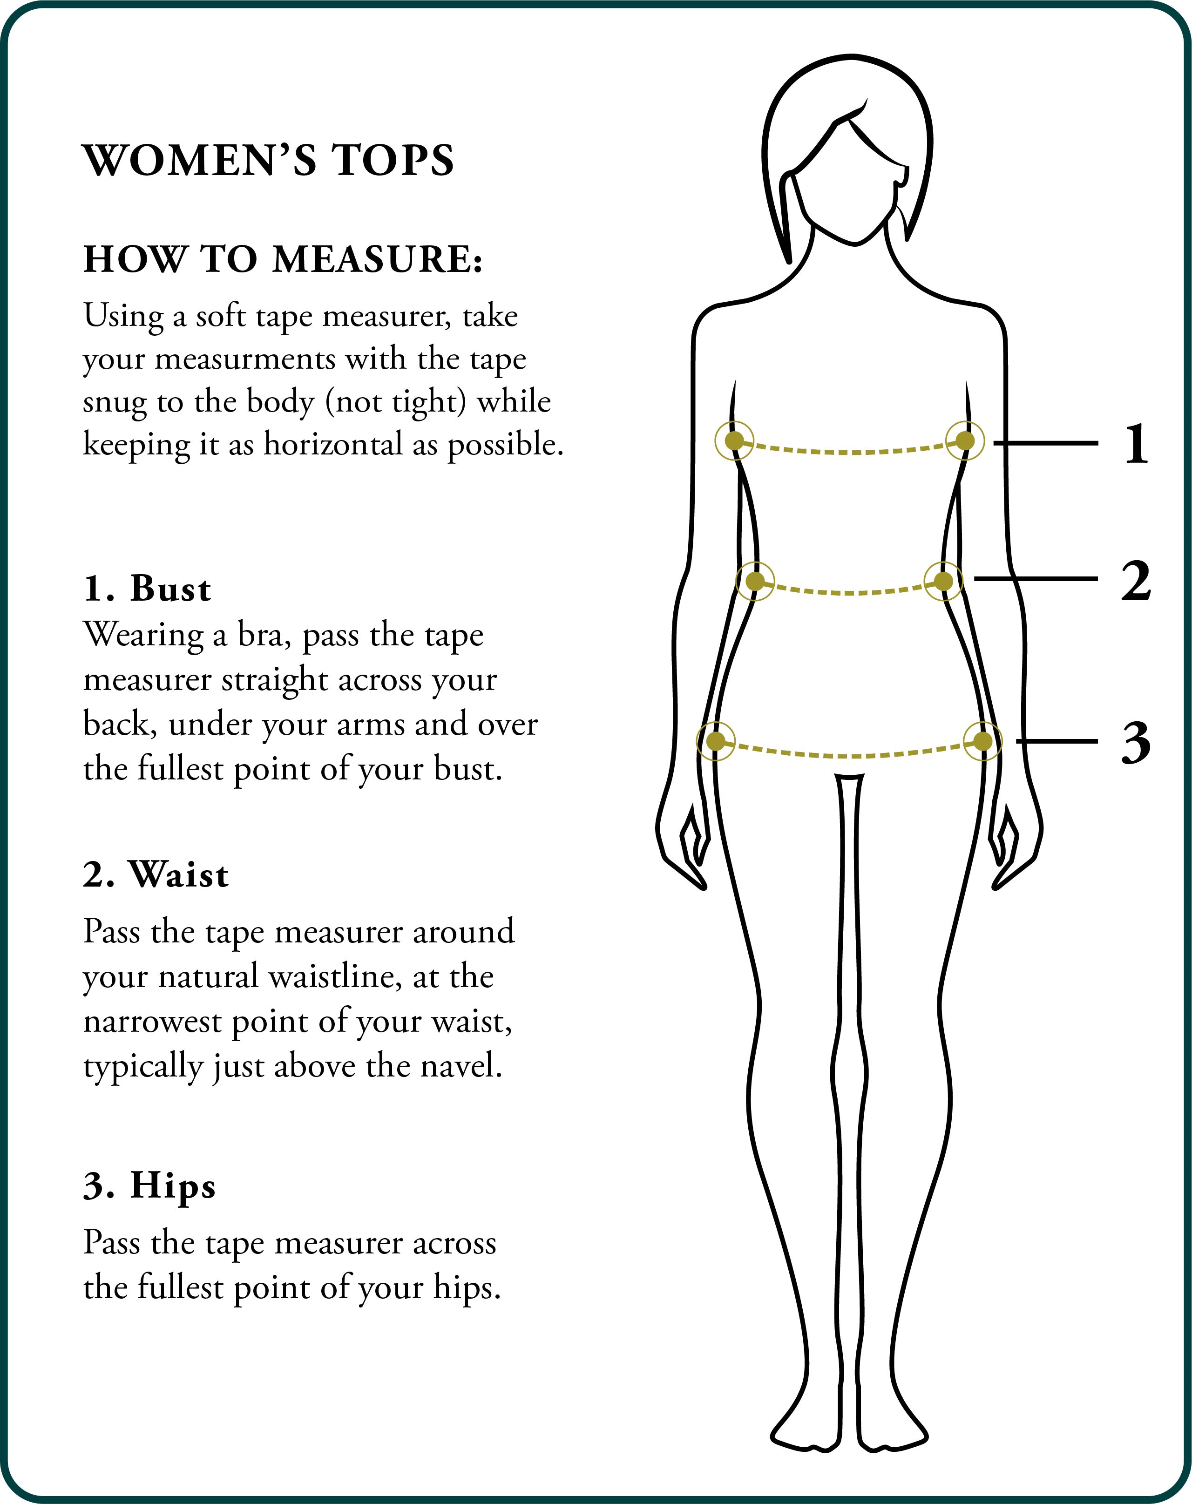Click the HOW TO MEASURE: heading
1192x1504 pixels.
tap(283, 259)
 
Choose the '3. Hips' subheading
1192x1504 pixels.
tap(149, 1186)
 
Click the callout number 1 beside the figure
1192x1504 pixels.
tap(1136, 444)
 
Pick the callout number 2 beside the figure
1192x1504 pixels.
tap(1136, 580)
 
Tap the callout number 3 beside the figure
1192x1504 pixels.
tap(1136, 742)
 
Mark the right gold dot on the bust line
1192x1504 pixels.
tap(965, 441)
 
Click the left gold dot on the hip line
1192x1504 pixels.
tap(716, 741)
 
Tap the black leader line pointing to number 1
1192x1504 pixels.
tap(1045, 443)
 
